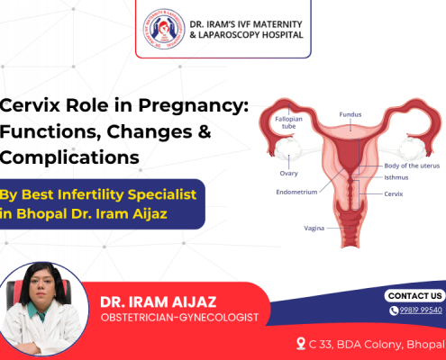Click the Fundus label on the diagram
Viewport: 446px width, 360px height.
pyautogui.click(x=350, y=115)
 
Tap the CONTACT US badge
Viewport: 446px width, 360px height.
pyautogui.click(x=414, y=295)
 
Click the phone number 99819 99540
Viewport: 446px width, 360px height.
pyautogui.click(x=422, y=310)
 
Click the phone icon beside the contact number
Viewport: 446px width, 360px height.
pyautogui.click(x=394, y=310)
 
